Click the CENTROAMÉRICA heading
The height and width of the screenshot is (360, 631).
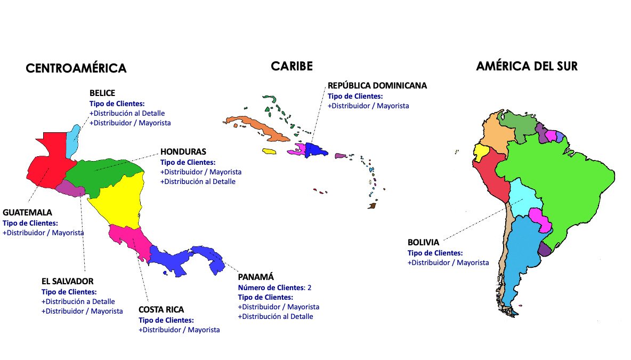(76, 68)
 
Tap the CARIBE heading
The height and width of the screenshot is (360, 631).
(292, 66)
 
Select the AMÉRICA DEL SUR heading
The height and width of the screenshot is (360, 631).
(527, 66)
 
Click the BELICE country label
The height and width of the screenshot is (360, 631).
(102, 93)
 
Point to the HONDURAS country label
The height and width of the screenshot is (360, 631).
(183, 152)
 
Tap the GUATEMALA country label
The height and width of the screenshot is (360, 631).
(27, 213)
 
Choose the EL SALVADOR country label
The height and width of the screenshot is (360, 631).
(67, 281)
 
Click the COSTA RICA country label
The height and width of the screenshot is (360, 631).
(161, 309)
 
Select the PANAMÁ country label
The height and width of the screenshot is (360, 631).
(256, 277)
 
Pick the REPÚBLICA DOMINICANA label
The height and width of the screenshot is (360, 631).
(377, 85)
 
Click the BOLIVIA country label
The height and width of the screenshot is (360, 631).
(424, 243)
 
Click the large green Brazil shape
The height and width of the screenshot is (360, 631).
(554, 181)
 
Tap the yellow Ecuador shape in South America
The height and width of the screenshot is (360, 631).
(481, 152)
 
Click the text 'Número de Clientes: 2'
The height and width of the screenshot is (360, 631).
(274, 287)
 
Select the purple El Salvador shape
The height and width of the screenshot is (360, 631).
(70, 188)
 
